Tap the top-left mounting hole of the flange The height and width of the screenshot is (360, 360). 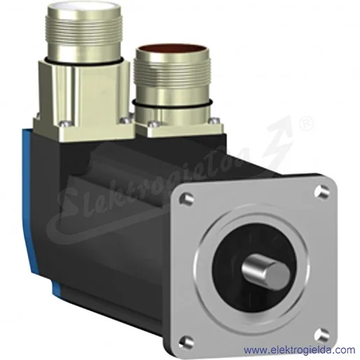coord(187,199)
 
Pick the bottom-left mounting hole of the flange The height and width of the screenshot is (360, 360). coord(187,343)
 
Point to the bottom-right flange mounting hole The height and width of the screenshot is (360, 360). coord(322,336)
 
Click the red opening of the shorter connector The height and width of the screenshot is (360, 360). coord(173,50)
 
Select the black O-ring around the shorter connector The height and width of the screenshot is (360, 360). coord(173,105)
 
